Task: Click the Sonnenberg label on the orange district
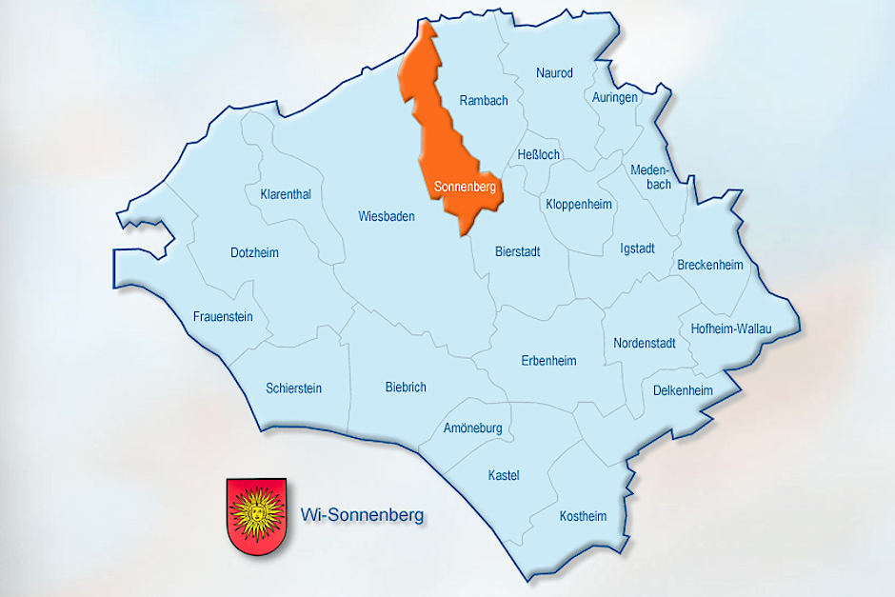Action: (x=465, y=188)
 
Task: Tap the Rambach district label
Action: (x=484, y=100)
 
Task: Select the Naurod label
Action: (x=554, y=72)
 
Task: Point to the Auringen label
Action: (x=614, y=97)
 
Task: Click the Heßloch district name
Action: (x=539, y=154)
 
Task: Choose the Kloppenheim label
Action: (x=580, y=204)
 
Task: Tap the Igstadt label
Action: (x=637, y=249)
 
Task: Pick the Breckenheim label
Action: (x=709, y=265)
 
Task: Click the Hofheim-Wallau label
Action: (x=731, y=328)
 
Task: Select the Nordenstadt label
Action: (x=645, y=343)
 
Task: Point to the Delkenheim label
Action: (x=683, y=390)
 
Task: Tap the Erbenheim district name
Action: (x=548, y=360)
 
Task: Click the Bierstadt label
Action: (x=518, y=251)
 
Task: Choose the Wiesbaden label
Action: (x=387, y=216)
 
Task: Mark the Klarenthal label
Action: (x=286, y=194)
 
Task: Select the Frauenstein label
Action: (x=223, y=316)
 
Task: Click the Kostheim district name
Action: (x=583, y=516)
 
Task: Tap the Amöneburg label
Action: (x=473, y=428)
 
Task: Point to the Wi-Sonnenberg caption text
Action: (x=362, y=516)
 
